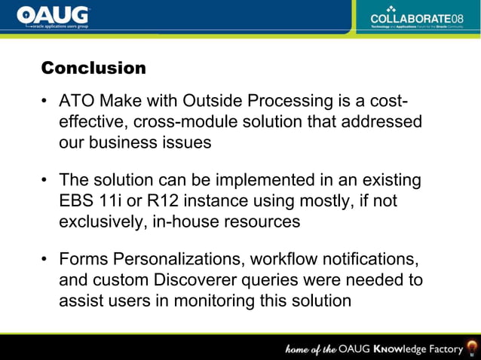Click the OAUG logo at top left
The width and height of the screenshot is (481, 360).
pyautogui.click(x=53, y=16)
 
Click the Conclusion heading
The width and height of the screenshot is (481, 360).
pyautogui.click(x=93, y=69)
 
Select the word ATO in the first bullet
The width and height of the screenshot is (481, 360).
pyautogui.click(x=76, y=102)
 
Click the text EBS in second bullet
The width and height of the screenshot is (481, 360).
pyautogui.click(x=76, y=202)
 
